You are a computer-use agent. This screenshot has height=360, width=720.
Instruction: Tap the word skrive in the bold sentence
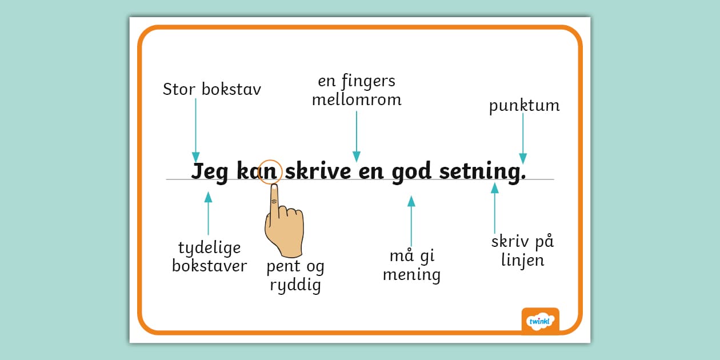(x=317, y=171)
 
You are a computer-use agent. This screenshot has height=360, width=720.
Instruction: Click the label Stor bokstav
(x=211, y=90)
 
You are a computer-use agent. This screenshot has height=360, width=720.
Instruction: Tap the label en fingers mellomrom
(x=357, y=90)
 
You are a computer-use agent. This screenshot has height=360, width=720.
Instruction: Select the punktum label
(x=524, y=106)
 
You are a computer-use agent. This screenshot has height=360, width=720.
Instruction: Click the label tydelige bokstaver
(x=209, y=257)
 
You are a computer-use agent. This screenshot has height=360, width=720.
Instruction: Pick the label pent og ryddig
(x=295, y=275)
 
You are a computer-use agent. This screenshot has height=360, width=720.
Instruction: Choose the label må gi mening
(x=411, y=266)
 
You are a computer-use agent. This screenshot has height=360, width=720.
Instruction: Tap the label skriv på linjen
(x=522, y=251)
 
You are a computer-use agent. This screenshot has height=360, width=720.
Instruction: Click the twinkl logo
(x=540, y=321)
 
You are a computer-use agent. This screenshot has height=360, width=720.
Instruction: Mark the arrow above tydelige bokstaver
(x=208, y=214)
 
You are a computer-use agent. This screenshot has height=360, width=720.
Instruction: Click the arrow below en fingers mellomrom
(x=357, y=136)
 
